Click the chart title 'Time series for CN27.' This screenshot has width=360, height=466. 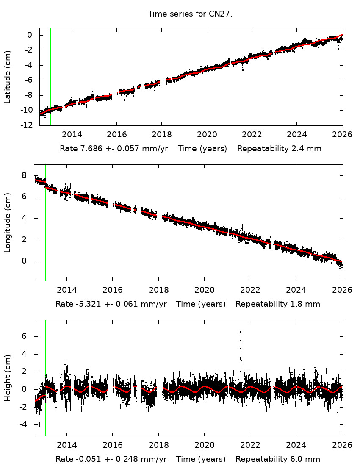click(190, 14)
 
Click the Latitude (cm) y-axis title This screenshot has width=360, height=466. click(8, 77)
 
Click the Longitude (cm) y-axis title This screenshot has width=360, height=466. click(8, 222)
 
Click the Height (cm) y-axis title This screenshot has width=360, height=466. click(8, 378)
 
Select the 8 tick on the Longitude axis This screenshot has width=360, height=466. click(24, 175)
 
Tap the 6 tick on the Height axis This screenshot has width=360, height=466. click(24, 336)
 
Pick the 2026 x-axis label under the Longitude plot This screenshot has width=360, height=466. click(342, 291)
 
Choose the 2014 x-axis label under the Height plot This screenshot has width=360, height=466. click(66, 446)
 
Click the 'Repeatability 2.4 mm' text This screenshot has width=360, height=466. click(279, 149)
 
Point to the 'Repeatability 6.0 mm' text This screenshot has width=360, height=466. click(277, 459)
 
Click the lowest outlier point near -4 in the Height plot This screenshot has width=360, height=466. click(39, 424)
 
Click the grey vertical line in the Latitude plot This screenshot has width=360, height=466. click(50, 76)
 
